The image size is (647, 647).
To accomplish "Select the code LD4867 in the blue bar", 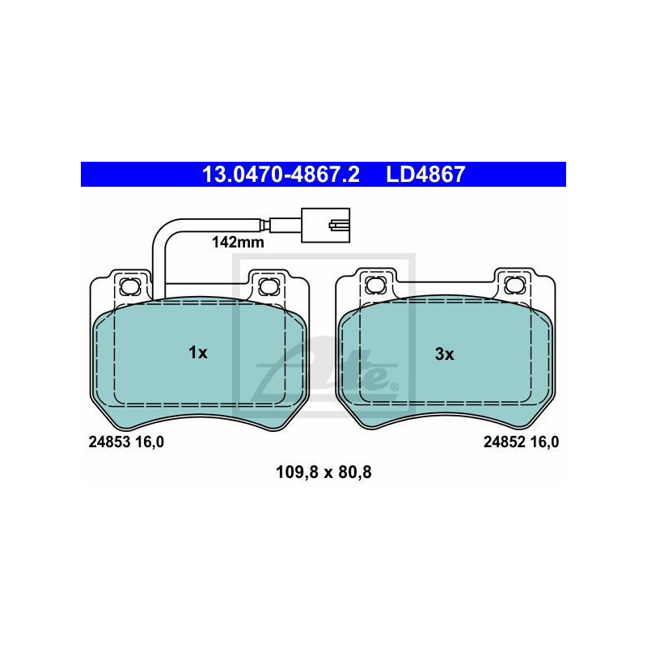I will tap(425, 174).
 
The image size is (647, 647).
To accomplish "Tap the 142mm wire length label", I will tap(238, 241).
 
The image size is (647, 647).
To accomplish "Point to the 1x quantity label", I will tap(198, 353).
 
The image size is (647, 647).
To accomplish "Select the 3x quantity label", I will tap(445, 353).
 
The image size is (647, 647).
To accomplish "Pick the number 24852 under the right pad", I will tap(505, 442).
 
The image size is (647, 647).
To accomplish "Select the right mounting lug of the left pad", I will tap(266, 285).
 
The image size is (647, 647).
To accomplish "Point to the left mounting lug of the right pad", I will tap(374, 285).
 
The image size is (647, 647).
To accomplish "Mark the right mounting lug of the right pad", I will tap(512, 285).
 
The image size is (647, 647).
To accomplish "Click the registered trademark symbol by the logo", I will tap(394, 387).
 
